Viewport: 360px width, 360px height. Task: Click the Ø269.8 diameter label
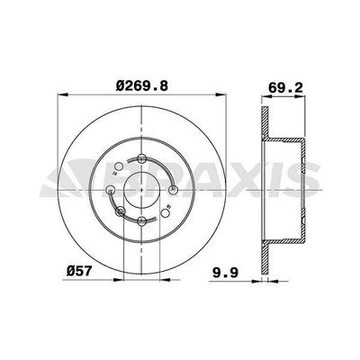coord(142,86)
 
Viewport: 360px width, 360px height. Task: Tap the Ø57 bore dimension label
coord(78,271)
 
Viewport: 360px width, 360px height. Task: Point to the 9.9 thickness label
coord(225,273)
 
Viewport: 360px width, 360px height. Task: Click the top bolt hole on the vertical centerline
coord(141,158)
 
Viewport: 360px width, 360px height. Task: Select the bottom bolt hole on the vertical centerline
coord(141,221)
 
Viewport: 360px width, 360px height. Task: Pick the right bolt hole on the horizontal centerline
coord(173,190)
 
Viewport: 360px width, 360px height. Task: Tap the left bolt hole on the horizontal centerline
coord(111,190)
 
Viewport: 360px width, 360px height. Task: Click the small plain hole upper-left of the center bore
coord(119,166)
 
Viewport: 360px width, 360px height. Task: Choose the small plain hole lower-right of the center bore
coord(165,213)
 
